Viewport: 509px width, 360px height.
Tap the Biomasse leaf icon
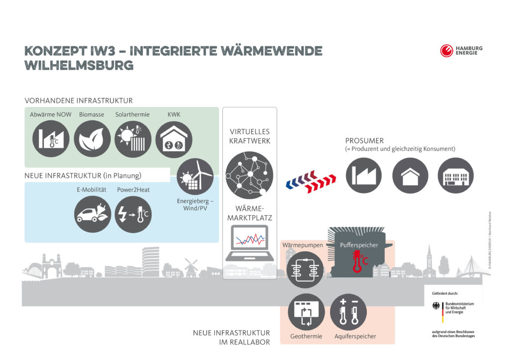coord(92,138)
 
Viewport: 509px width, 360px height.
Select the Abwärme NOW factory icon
coord(51,138)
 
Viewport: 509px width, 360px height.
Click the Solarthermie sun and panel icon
coord(133,138)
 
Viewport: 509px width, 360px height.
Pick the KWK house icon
coord(174,138)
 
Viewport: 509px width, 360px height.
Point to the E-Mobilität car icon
coord(92,214)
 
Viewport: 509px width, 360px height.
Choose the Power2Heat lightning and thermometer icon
coord(133,214)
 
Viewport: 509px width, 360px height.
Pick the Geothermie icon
coord(306,312)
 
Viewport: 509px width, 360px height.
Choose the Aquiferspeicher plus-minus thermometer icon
coord(348,312)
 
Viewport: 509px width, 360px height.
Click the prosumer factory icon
coord(364,176)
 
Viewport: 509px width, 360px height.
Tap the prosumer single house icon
coord(410,176)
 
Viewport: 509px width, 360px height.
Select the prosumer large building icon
coord(455,176)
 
